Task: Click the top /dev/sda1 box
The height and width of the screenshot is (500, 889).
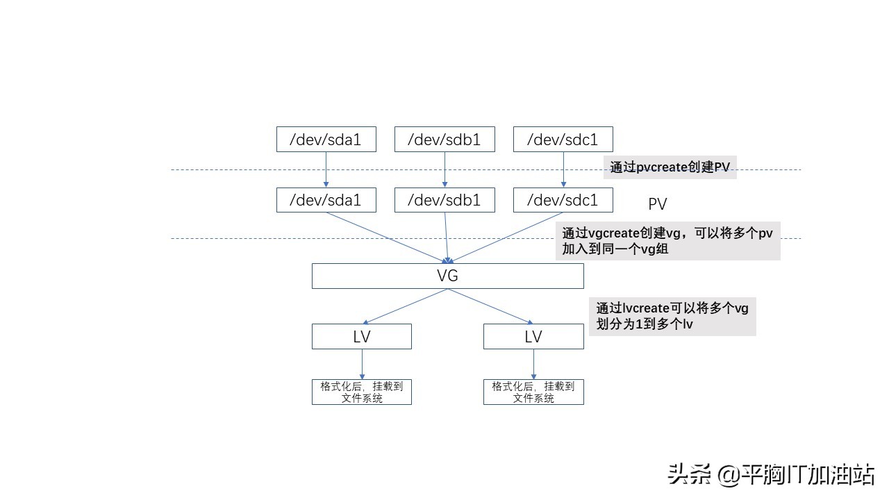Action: click(326, 140)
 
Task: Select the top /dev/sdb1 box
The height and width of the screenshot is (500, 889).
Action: click(444, 140)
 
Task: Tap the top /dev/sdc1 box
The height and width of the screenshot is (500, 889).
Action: click(563, 140)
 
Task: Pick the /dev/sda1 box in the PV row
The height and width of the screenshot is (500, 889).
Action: click(326, 201)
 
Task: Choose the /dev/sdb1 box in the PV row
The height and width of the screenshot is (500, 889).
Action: click(444, 201)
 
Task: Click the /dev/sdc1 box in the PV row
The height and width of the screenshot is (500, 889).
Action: click(563, 201)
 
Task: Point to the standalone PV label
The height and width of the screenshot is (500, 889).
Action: click(657, 203)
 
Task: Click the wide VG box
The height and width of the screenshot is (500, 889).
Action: click(447, 276)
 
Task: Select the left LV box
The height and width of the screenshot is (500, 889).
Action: click(361, 337)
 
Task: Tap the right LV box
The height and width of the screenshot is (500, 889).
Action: click(533, 337)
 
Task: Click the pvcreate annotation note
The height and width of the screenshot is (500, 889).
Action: click(670, 167)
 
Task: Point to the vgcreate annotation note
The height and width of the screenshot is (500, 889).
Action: click(667, 241)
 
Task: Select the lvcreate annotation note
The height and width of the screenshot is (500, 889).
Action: click(672, 316)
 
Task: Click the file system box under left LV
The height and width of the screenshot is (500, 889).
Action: click(361, 392)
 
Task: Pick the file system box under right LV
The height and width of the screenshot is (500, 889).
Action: click(533, 392)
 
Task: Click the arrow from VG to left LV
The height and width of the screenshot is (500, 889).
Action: click(406, 306)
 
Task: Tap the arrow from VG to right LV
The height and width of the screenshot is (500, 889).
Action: click(490, 306)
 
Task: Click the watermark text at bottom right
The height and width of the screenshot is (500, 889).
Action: click(771, 475)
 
